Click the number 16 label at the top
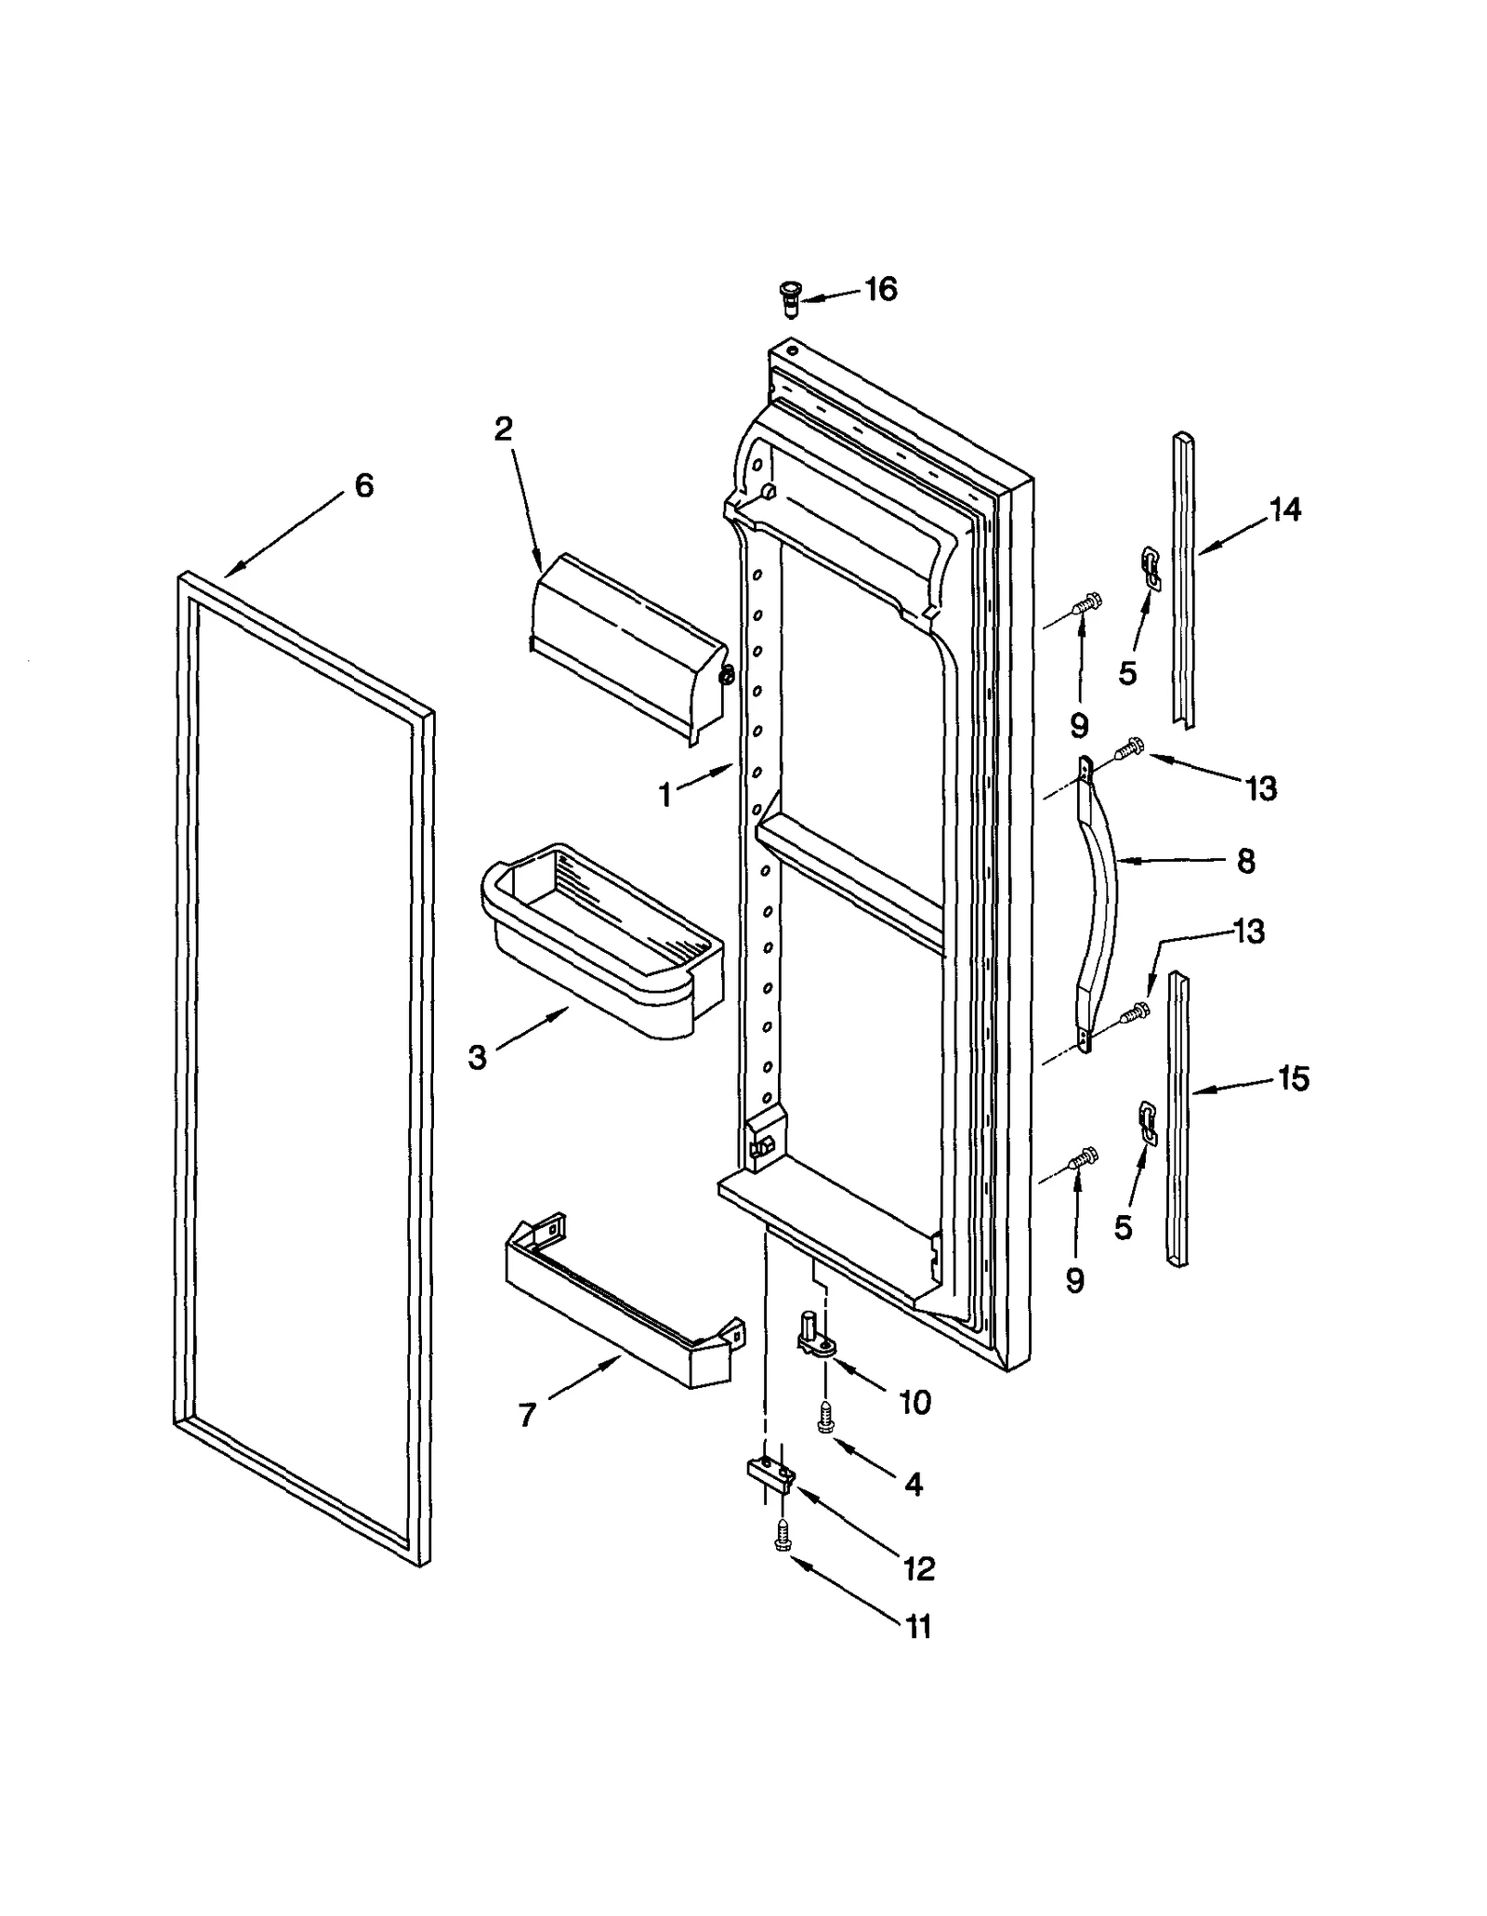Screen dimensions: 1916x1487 click(880, 289)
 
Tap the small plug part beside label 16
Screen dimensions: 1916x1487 click(790, 297)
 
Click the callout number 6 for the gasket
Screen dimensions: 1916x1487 click(363, 484)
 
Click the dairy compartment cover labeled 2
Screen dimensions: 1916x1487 click(627, 646)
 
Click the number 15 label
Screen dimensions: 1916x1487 click(1293, 1078)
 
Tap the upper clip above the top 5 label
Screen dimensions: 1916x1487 click(1151, 567)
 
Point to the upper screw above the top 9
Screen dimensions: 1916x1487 click(1086, 604)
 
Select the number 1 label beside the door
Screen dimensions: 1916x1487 click(665, 795)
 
